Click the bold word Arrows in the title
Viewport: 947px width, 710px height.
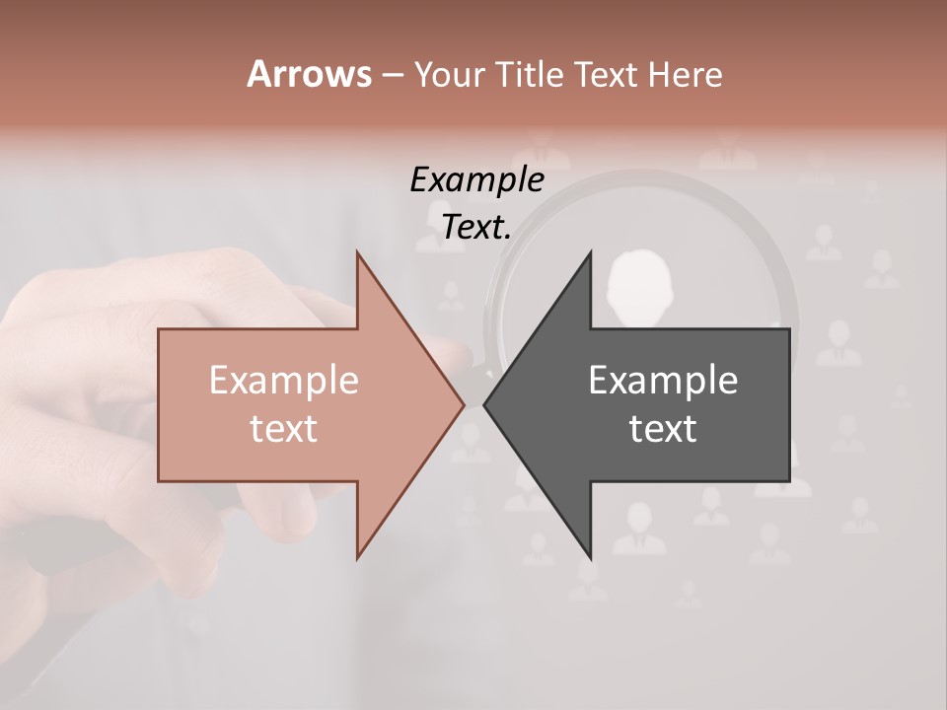point(309,74)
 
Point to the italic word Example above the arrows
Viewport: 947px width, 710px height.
point(477,179)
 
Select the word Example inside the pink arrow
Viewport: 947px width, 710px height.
point(284,380)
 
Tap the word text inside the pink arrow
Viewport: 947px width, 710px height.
point(284,429)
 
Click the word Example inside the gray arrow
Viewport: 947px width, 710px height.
point(663,380)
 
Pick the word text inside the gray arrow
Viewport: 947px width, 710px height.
point(663,429)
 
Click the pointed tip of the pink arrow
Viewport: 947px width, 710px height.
point(464,404)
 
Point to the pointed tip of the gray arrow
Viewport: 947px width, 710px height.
point(484,404)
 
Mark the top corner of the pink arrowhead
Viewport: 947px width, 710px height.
point(357,252)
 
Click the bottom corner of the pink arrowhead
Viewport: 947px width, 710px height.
point(357,557)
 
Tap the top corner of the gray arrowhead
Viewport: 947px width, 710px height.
point(590,252)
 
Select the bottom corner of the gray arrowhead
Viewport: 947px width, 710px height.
point(590,557)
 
